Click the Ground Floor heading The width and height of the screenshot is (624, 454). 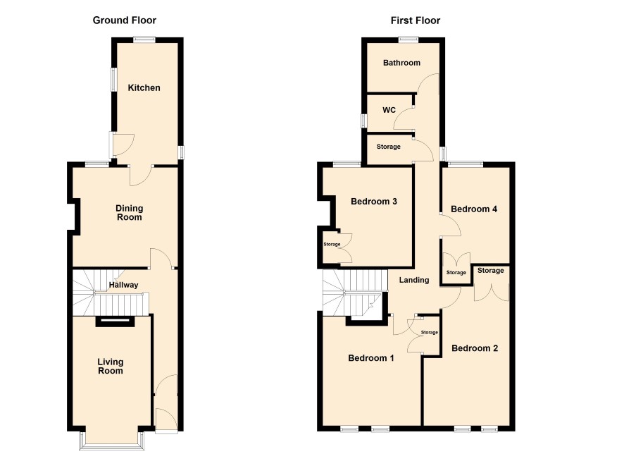click(x=125, y=20)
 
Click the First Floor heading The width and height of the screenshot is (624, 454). click(x=416, y=20)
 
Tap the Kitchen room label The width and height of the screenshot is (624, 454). click(x=144, y=87)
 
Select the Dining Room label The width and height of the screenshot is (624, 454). click(x=130, y=213)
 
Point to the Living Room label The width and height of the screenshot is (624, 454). click(x=111, y=367)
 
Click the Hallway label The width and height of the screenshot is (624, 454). click(x=124, y=285)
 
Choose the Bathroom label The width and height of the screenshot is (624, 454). click(x=401, y=63)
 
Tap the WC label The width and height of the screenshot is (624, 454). click(x=389, y=110)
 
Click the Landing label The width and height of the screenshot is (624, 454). click(x=414, y=280)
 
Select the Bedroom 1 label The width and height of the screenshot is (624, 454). click(x=371, y=358)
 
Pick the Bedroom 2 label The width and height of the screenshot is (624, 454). click(x=475, y=348)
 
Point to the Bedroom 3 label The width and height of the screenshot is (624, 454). click(x=374, y=202)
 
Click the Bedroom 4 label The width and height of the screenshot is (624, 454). click(x=474, y=209)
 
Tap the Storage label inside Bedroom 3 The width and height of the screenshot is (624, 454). click(x=332, y=244)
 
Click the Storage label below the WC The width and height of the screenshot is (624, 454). click(x=388, y=147)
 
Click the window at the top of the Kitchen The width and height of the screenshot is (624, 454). click(x=144, y=39)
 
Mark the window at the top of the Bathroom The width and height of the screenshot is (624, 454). click(x=408, y=39)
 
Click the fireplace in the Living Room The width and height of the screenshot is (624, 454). click(x=116, y=321)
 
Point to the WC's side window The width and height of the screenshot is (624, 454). click(x=363, y=121)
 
